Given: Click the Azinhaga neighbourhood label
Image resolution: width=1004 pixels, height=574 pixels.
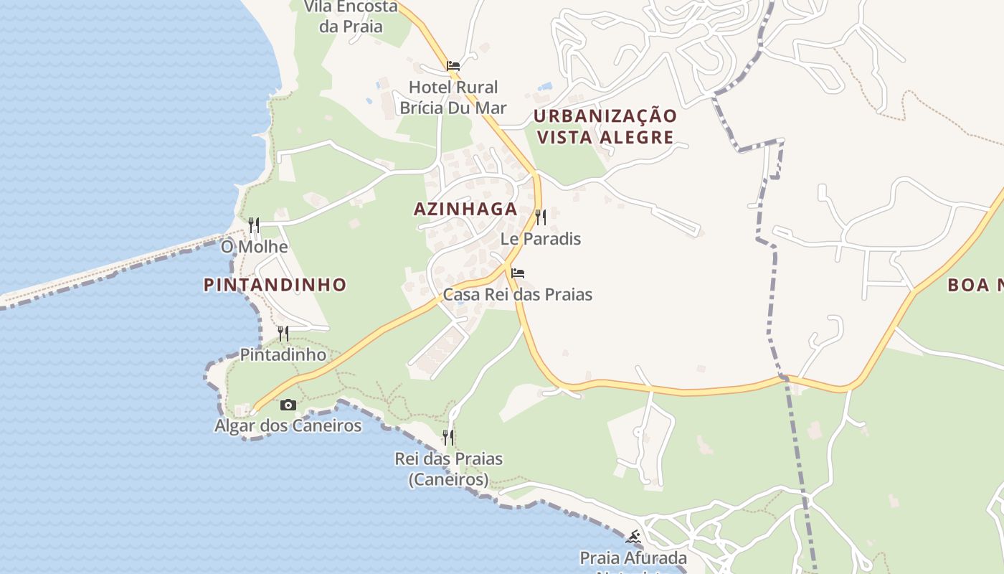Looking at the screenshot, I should coord(465,209).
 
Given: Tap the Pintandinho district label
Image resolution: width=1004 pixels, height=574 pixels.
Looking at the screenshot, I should coord(275,285).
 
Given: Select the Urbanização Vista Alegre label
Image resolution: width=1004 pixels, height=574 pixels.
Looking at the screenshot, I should coord(605,126).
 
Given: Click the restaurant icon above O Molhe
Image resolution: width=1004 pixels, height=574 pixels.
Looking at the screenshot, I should coord(254,225).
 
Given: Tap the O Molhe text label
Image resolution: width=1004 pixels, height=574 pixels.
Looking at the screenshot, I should coord(254,247).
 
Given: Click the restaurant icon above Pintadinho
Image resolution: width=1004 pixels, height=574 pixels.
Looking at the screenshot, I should coord(283,333).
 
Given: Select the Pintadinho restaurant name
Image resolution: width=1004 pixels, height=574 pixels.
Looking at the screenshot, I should coord(283,354).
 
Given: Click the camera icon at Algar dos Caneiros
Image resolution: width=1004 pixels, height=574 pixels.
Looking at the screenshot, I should coord(288,405).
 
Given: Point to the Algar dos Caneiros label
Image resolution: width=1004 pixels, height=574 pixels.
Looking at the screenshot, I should coord(288,425).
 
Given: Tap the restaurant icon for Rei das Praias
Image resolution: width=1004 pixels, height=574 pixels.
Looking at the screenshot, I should coord(448,437).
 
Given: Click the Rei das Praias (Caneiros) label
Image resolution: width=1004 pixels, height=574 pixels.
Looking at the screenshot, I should coord(448,469).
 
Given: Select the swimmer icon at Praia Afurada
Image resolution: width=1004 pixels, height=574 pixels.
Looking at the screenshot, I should coord(633,537).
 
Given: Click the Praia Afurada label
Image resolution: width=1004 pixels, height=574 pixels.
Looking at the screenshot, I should coord(633,557).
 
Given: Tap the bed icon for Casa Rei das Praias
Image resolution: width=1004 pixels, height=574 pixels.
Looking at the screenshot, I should coord(518,273).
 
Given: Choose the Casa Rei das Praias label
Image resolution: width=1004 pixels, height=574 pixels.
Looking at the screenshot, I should coord(517,294).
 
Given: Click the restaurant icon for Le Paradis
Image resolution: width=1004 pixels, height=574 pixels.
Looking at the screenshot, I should coord(541,217).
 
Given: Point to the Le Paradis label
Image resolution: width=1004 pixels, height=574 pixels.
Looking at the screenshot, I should coord(541,238).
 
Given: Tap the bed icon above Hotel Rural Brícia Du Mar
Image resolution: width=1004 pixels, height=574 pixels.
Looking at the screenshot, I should coord(453,66).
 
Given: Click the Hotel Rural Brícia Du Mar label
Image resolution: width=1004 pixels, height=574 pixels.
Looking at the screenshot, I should coord(453,98).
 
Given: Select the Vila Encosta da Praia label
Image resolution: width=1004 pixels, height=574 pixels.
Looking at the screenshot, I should coord(351,17).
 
